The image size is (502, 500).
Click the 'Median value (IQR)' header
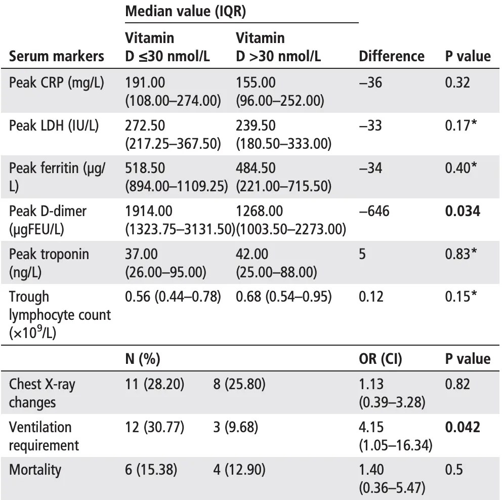(185, 12)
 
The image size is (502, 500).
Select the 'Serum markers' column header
(57, 56)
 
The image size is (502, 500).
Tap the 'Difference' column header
(391, 56)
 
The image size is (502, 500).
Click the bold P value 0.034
(463, 211)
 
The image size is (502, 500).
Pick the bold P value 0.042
(463, 427)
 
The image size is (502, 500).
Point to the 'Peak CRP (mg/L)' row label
(57, 82)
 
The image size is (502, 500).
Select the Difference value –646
(374, 211)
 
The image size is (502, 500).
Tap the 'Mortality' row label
(35, 470)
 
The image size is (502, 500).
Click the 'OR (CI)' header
(380, 359)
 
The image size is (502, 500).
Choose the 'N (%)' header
(143, 359)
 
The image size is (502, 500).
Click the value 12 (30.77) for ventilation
(154, 427)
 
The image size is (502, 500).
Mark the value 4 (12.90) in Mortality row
(239, 470)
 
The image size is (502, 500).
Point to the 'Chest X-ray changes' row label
(42, 393)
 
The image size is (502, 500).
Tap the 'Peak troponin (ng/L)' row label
(49, 263)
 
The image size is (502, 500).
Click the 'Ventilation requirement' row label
(44, 436)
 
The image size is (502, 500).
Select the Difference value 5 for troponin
(362, 254)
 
